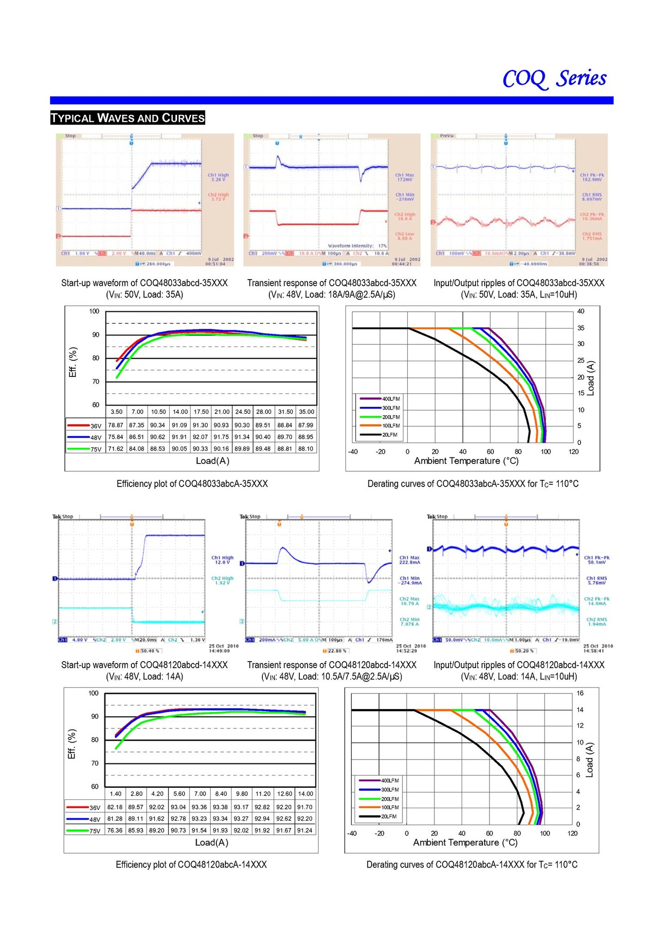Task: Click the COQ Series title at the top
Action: coord(554,78)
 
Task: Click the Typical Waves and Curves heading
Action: coord(128,118)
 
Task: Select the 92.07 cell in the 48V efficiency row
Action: coord(200,437)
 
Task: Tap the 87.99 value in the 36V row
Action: coord(306,425)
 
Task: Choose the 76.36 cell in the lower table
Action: coord(115,830)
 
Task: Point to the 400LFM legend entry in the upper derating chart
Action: coord(391,399)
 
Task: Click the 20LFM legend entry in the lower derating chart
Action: coord(388,816)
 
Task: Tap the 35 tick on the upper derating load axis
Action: coord(581,328)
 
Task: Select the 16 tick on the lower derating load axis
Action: coord(580,693)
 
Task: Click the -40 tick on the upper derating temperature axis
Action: coord(353,452)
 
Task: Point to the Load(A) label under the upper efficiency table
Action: coord(213,461)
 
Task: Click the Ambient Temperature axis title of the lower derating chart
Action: coord(465,842)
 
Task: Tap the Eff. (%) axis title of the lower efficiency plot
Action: coord(71,744)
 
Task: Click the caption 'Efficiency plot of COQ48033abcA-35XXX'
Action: coord(192,483)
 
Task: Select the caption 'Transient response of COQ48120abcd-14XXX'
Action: coord(332,664)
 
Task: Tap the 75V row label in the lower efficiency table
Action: coord(95,831)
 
